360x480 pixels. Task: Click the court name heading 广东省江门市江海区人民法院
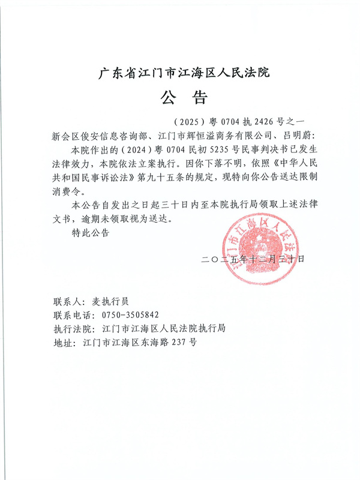(x=184, y=74)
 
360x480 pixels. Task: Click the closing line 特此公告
(x=90, y=233)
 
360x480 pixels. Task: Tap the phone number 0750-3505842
(x=131, y=316)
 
